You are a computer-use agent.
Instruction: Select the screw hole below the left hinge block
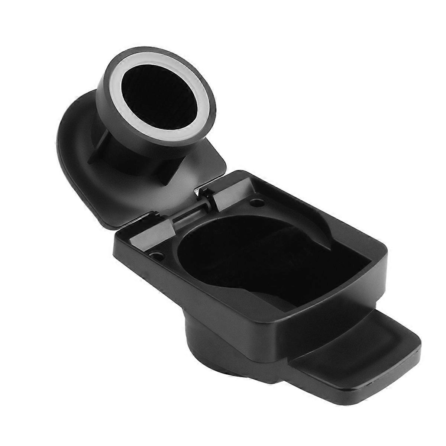[x=156, y=256]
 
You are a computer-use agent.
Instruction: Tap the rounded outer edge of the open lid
[x=61, y=149]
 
